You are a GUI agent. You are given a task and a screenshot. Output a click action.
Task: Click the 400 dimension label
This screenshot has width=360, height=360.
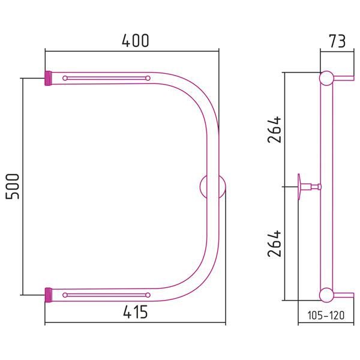(x=135, y=41)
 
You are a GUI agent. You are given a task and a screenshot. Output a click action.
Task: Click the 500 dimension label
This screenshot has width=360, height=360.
(x=13, y=186)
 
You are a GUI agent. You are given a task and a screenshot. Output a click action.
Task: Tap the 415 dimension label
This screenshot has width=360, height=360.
(x=135, y=312)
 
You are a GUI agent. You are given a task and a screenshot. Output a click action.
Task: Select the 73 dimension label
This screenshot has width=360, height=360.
(x=337, y=41)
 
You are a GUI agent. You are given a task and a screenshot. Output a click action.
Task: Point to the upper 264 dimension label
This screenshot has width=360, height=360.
(x=275, y=130)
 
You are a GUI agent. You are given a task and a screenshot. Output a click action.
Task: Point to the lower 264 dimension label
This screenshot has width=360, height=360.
(x=275, y=244)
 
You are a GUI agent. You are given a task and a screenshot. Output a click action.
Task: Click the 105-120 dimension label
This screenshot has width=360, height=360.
(x=326, y=315)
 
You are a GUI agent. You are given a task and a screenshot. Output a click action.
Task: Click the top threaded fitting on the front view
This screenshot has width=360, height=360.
(x=48, y=78)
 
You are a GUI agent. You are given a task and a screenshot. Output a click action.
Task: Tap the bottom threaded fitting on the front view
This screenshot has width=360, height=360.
(x=48, y=295)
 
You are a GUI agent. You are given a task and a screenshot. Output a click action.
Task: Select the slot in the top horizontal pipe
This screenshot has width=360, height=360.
(x=107, y=78)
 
